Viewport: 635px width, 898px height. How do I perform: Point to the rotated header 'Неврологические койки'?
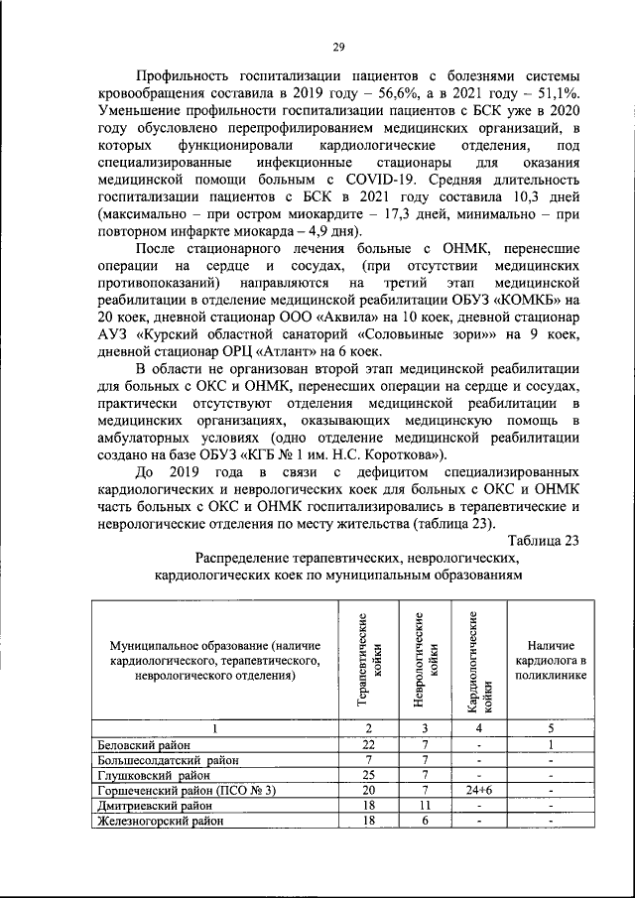pyautogui.click(x=423, y=658)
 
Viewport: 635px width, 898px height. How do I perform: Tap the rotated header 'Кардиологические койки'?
pyautogui.click(x=480, y=660)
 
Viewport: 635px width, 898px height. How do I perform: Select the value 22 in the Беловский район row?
pyautogui.click(x=368, y=744)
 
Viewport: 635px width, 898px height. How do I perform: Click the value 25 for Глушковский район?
pyautogui.click(x=368, y=774)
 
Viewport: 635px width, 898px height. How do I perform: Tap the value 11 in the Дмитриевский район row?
pyautogui.click(x=424, y=806)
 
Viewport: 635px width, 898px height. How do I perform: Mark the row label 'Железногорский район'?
pyautogui.click(x=160, y=821)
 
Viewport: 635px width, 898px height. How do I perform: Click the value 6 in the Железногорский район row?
pyautogui.click(x=424, y=821)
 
